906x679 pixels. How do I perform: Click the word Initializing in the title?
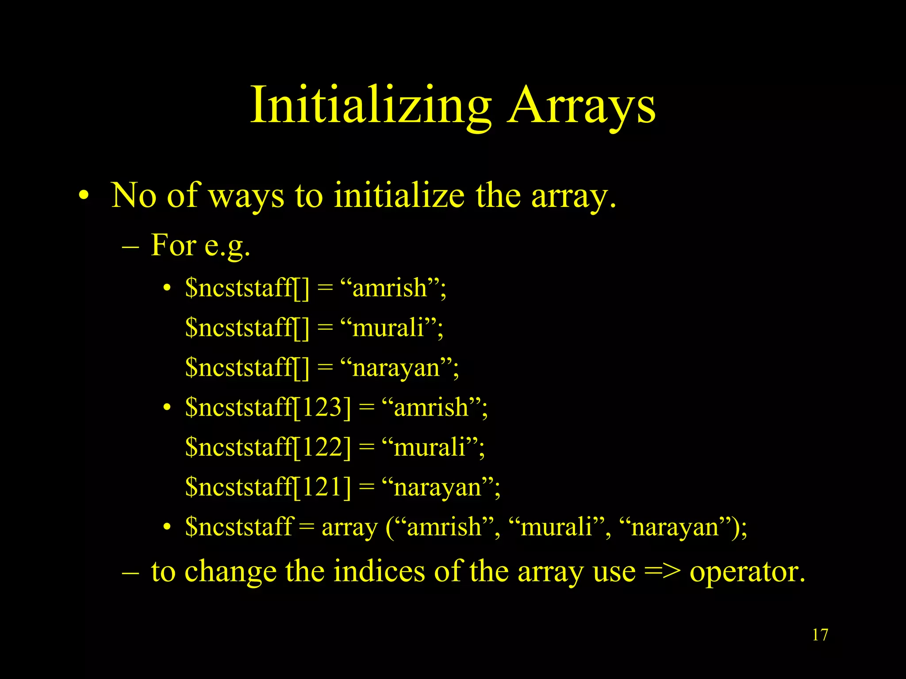pos(371,106)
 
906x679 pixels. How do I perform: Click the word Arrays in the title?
pos(582,106)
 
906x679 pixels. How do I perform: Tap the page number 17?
pos(820,635)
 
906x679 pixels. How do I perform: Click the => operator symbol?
pos(662,571)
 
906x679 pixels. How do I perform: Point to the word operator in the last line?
pos(747,572)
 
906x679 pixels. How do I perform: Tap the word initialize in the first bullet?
pos(399,195)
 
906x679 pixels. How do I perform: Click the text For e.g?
pos(200,245)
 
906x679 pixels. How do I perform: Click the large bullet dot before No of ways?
pos(84,196)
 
